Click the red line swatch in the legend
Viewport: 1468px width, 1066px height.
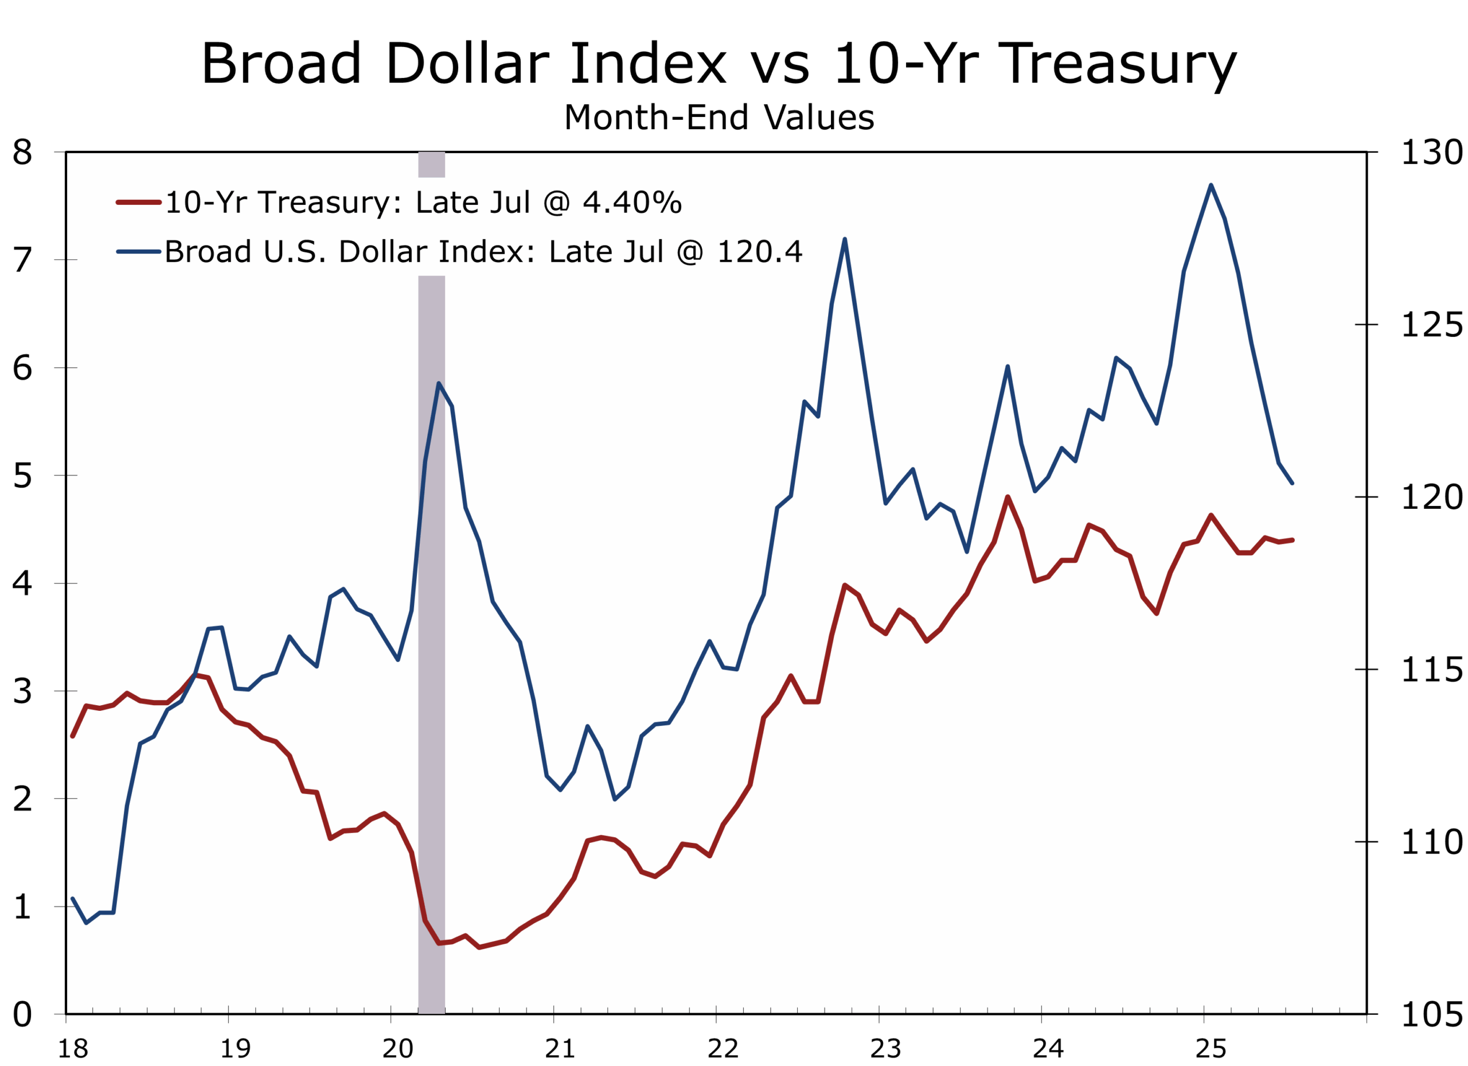point(138,203)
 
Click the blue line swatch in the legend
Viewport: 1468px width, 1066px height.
point(138,251)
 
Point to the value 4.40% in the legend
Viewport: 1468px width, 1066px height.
point(632,203)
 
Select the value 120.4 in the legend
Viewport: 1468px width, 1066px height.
point(759,251)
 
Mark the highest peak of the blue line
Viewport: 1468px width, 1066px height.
point(1211,185)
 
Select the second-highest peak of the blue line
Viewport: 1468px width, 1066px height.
point(845,240)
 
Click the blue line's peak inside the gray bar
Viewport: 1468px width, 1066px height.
point(438,383)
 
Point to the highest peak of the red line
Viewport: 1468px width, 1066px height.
point(1008,497)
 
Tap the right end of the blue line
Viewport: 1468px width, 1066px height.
point(1292,483)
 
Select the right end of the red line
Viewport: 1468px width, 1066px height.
point(1292,539)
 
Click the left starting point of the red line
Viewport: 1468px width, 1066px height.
point(72,736)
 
